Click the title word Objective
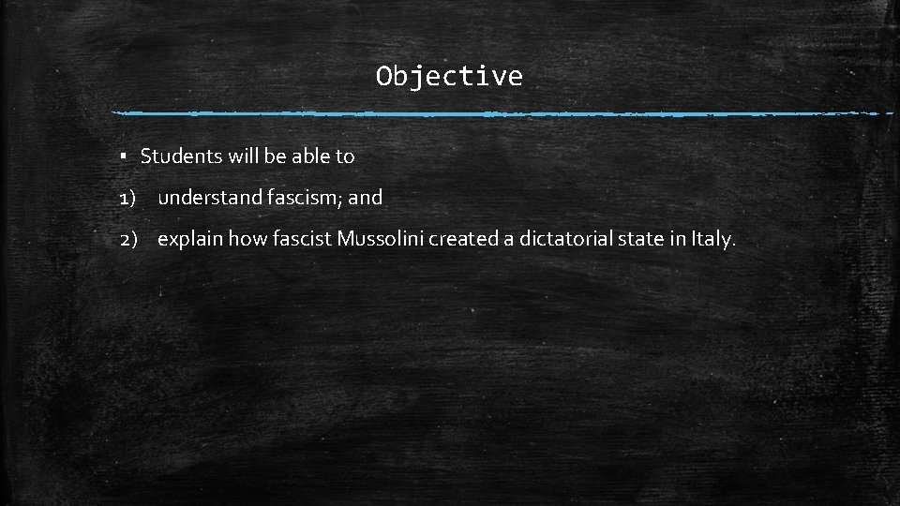point(449,76)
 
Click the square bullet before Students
point(125,156)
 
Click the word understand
point(206,198)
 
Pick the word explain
point(190,239)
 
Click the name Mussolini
point(381,239)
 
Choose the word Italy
point(712,239)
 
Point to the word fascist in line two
point(303,239)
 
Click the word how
point(247,239)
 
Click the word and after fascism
point(366,198)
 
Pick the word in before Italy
point(678,239)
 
